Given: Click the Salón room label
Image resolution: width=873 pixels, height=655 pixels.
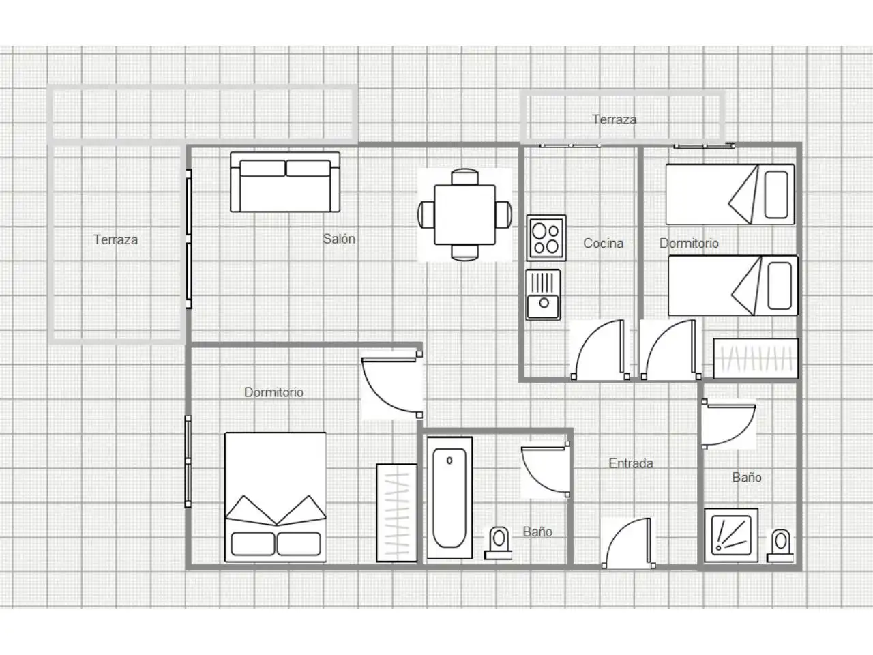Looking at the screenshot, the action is [x=339, y=239].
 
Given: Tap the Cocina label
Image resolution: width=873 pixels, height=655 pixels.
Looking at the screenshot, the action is [x=603, y=243].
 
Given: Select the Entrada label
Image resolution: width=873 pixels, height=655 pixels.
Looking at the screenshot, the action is [x=631, y=463].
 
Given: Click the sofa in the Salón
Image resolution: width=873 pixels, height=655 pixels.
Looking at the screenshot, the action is [x=285, y=181].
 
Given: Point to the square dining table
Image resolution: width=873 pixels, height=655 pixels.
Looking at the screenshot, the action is [x=464, y=215].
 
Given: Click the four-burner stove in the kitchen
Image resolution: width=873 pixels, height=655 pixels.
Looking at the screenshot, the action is [x=546, y=238].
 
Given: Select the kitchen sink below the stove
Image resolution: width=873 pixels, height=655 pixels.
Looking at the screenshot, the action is [x=544, y=295].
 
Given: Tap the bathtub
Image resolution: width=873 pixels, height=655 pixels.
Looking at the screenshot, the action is [x=450, y=498].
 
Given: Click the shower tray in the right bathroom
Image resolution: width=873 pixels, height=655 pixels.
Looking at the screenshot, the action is [x=731, y=536].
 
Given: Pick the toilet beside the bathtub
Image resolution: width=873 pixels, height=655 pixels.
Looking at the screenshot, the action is [x=499, y=544].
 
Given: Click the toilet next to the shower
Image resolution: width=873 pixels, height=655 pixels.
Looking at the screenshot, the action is [x=780, y=545].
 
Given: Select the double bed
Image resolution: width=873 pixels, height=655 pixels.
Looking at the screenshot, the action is [x=276, y=497].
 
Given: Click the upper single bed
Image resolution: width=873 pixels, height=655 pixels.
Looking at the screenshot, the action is [x=730, y=194].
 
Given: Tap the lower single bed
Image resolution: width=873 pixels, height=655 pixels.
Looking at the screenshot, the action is [x=733, y=286].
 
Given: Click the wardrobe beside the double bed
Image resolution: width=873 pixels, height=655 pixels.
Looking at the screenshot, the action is [x=397, y=513].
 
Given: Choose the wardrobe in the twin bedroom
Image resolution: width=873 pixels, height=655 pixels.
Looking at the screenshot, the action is [x=756, y=359].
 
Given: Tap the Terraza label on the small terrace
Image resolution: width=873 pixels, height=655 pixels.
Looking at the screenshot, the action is [x=614, y=119].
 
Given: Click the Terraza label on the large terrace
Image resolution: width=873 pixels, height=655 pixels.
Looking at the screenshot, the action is [x=115, y=239].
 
